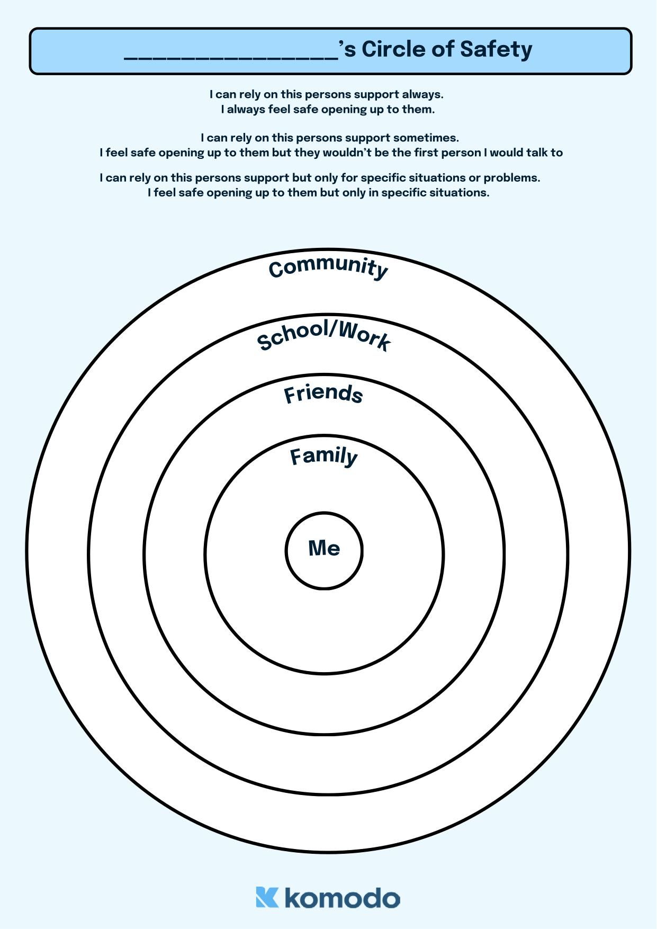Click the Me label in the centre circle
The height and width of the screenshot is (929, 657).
(x=324, y=548)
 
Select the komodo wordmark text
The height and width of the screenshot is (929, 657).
(x=343, y=898)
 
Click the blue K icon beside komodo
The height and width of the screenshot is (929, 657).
(x=267, y=897)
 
